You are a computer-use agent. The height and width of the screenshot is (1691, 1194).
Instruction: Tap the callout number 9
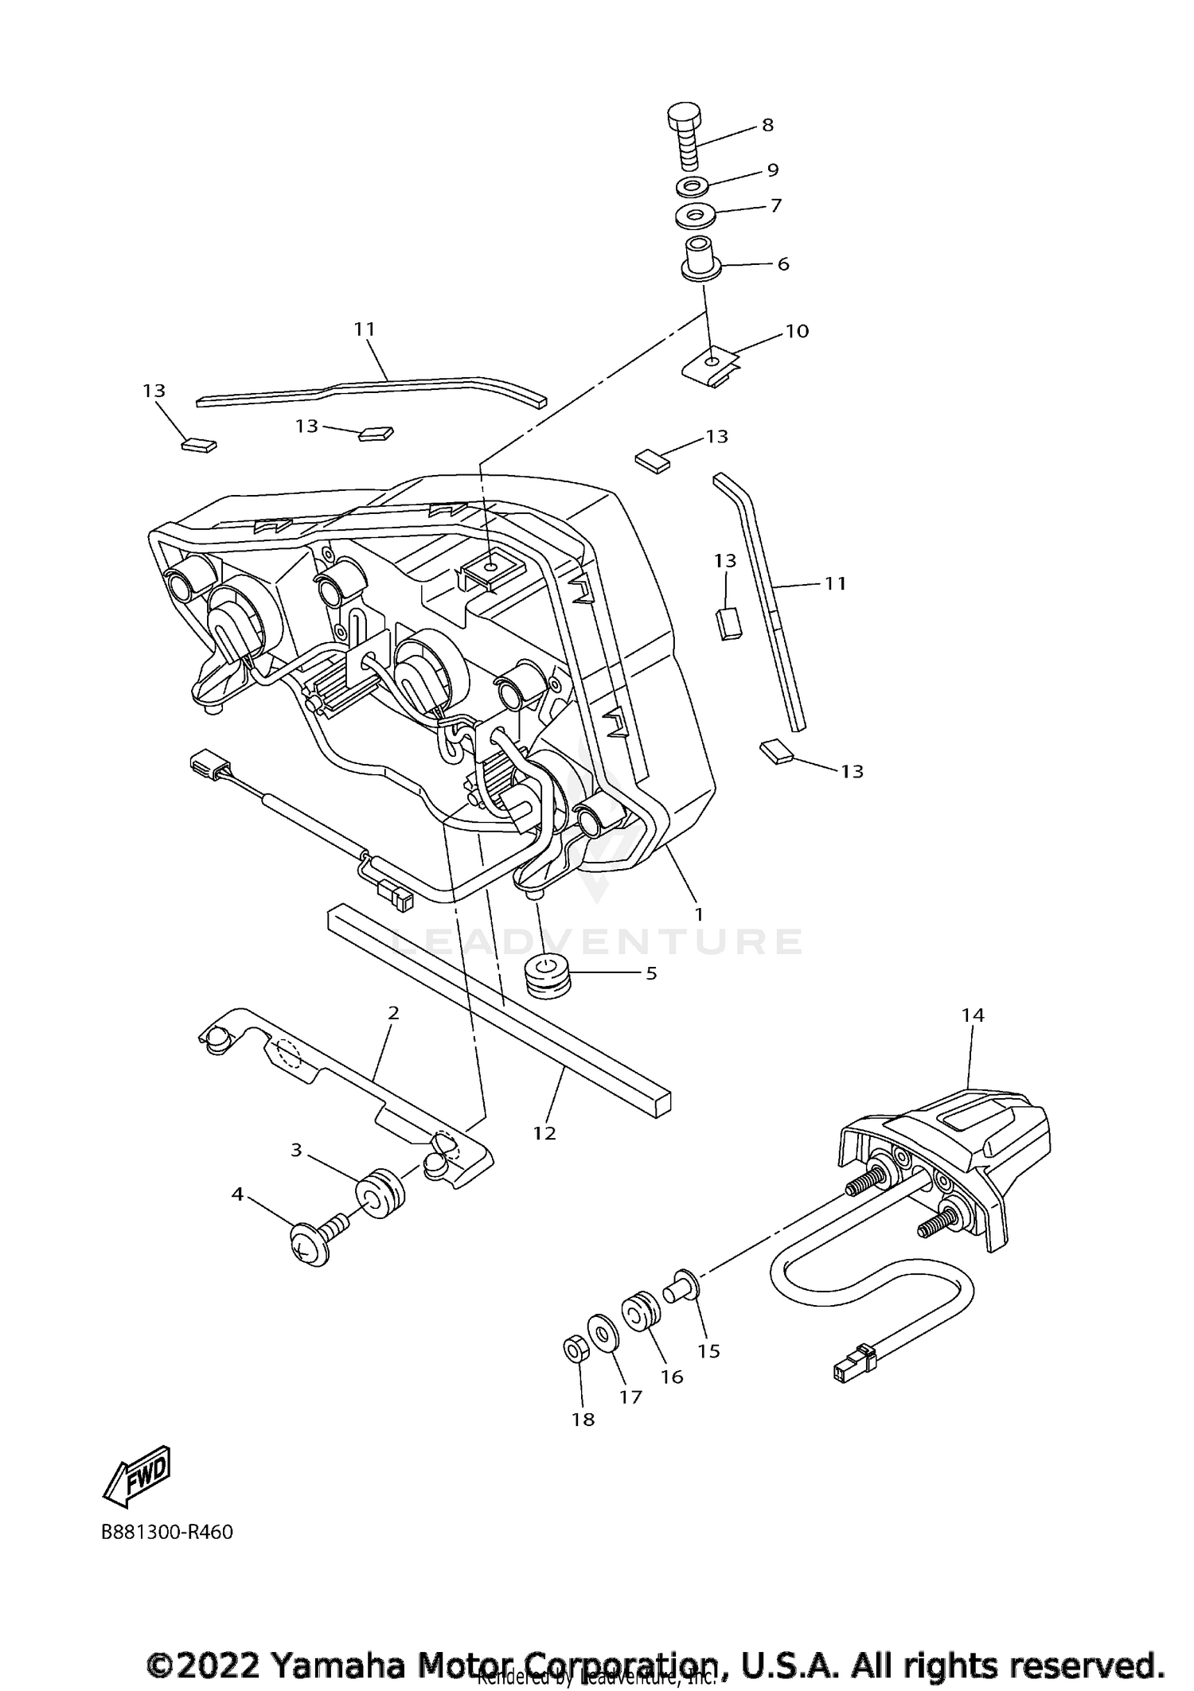[x=772, y=169]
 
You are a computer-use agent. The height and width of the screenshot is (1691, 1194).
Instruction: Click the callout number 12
[x=544, y=1132]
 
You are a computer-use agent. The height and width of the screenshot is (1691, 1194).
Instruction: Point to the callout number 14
[x=973, y=1015]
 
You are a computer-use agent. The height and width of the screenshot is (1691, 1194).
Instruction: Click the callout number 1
[x=699, y=914]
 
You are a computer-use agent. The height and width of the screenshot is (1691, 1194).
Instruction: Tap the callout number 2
[x=393, y=1013]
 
